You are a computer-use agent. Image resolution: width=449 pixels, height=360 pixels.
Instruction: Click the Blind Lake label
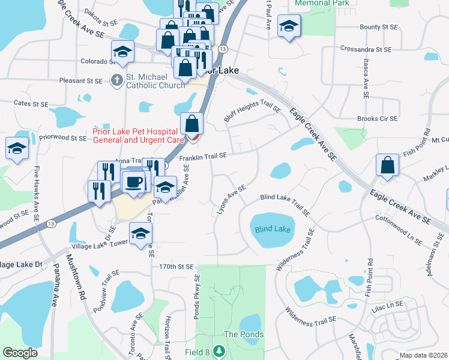(273, 229)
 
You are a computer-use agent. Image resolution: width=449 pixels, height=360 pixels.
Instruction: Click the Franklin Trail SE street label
(203, 156)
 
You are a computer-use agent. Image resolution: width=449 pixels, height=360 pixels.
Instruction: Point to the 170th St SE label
(177, 266)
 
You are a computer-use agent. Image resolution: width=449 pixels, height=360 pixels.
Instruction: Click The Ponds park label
(243, 334)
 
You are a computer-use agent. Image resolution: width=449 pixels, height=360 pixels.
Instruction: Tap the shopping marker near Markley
(388, 164)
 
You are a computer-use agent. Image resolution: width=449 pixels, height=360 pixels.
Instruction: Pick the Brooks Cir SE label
(377, 119)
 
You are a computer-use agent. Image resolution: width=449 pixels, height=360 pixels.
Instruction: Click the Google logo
(20, 353)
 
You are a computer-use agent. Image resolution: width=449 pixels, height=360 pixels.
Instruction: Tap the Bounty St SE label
(378, 27)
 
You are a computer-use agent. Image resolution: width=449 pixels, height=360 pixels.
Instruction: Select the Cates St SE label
(31, 104)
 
